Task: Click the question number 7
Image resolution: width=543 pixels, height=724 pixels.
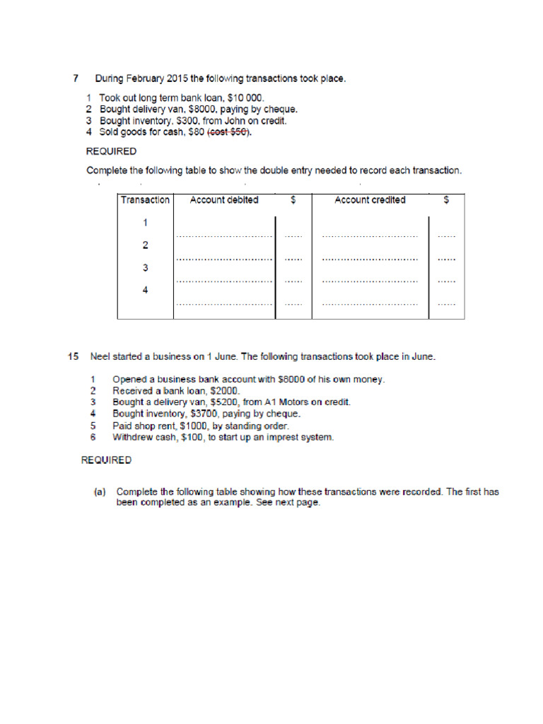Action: point(75,78)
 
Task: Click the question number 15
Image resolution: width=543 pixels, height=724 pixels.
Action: point(74,356)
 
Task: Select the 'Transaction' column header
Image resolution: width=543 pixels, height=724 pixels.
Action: point(145,200)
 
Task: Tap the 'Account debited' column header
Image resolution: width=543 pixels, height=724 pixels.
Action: point(224,200)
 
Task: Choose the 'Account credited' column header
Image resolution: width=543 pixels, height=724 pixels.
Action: point(370,200)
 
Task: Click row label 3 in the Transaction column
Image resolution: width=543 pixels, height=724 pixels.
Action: point(145,267)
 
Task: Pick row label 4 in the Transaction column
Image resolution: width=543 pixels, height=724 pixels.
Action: point(145,289)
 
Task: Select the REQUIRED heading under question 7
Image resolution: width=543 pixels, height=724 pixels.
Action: point(111,151)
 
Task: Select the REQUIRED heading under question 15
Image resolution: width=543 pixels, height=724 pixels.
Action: point(106,460)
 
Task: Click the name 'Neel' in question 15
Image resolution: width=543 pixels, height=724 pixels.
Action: point(102,356)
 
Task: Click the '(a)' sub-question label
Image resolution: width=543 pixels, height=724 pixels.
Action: point(100,491)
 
